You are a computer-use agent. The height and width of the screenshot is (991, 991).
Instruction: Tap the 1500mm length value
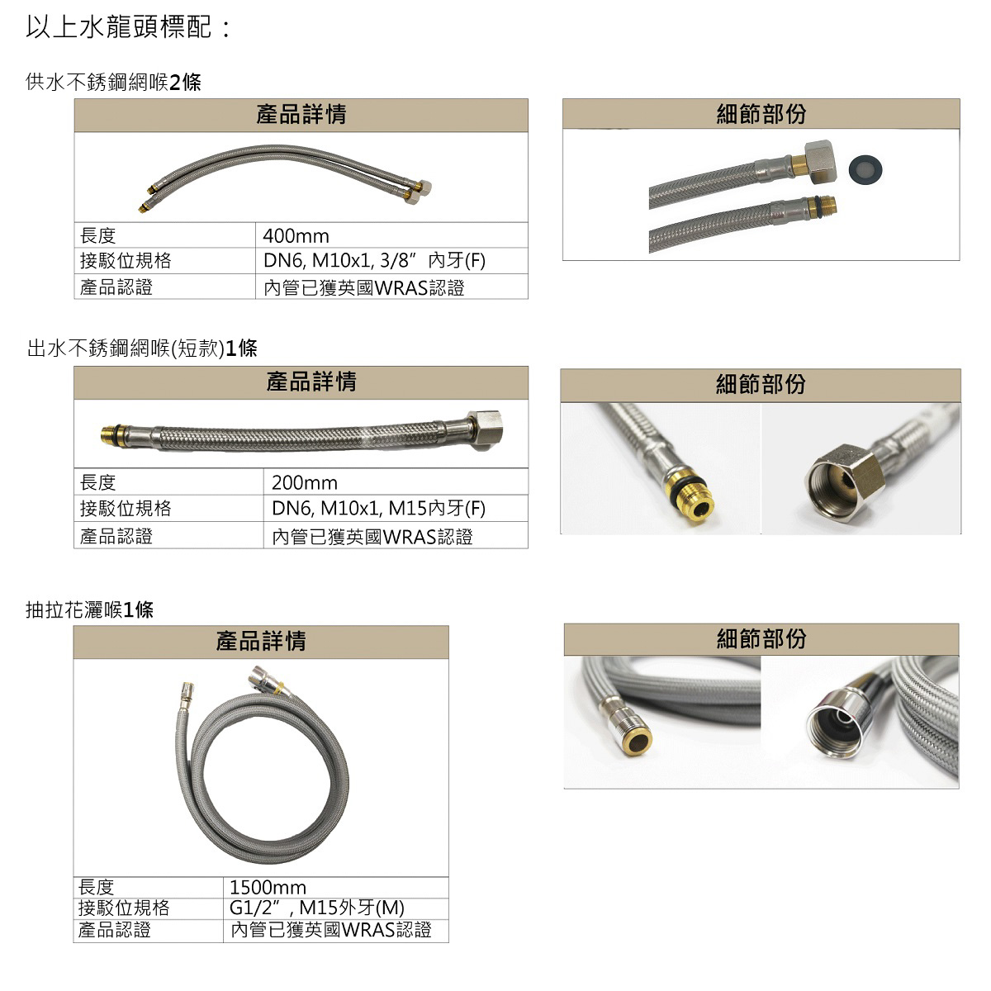[268, 887]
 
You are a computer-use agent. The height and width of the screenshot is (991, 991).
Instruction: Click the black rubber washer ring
[865, 169]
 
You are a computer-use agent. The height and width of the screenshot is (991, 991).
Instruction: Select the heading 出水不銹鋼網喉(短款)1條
[142, 349]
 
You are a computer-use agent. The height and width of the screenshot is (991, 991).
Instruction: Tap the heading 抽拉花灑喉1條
[89, 610]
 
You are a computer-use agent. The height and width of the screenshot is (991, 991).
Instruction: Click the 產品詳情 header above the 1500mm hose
[261, 642]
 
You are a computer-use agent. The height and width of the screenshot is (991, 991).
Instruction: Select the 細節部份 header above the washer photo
[761, 114]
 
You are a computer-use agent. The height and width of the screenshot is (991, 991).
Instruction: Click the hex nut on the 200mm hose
[485, 430]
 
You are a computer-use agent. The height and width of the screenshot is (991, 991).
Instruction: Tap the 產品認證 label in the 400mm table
[116, 287]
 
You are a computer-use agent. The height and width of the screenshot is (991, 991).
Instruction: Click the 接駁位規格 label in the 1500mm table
[123, 908]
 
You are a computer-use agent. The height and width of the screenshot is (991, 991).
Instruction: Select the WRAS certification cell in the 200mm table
[372, 537]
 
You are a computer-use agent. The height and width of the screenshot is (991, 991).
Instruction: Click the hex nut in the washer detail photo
[820, 162]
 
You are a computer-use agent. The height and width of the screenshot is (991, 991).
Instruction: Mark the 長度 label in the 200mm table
[97, 482]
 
